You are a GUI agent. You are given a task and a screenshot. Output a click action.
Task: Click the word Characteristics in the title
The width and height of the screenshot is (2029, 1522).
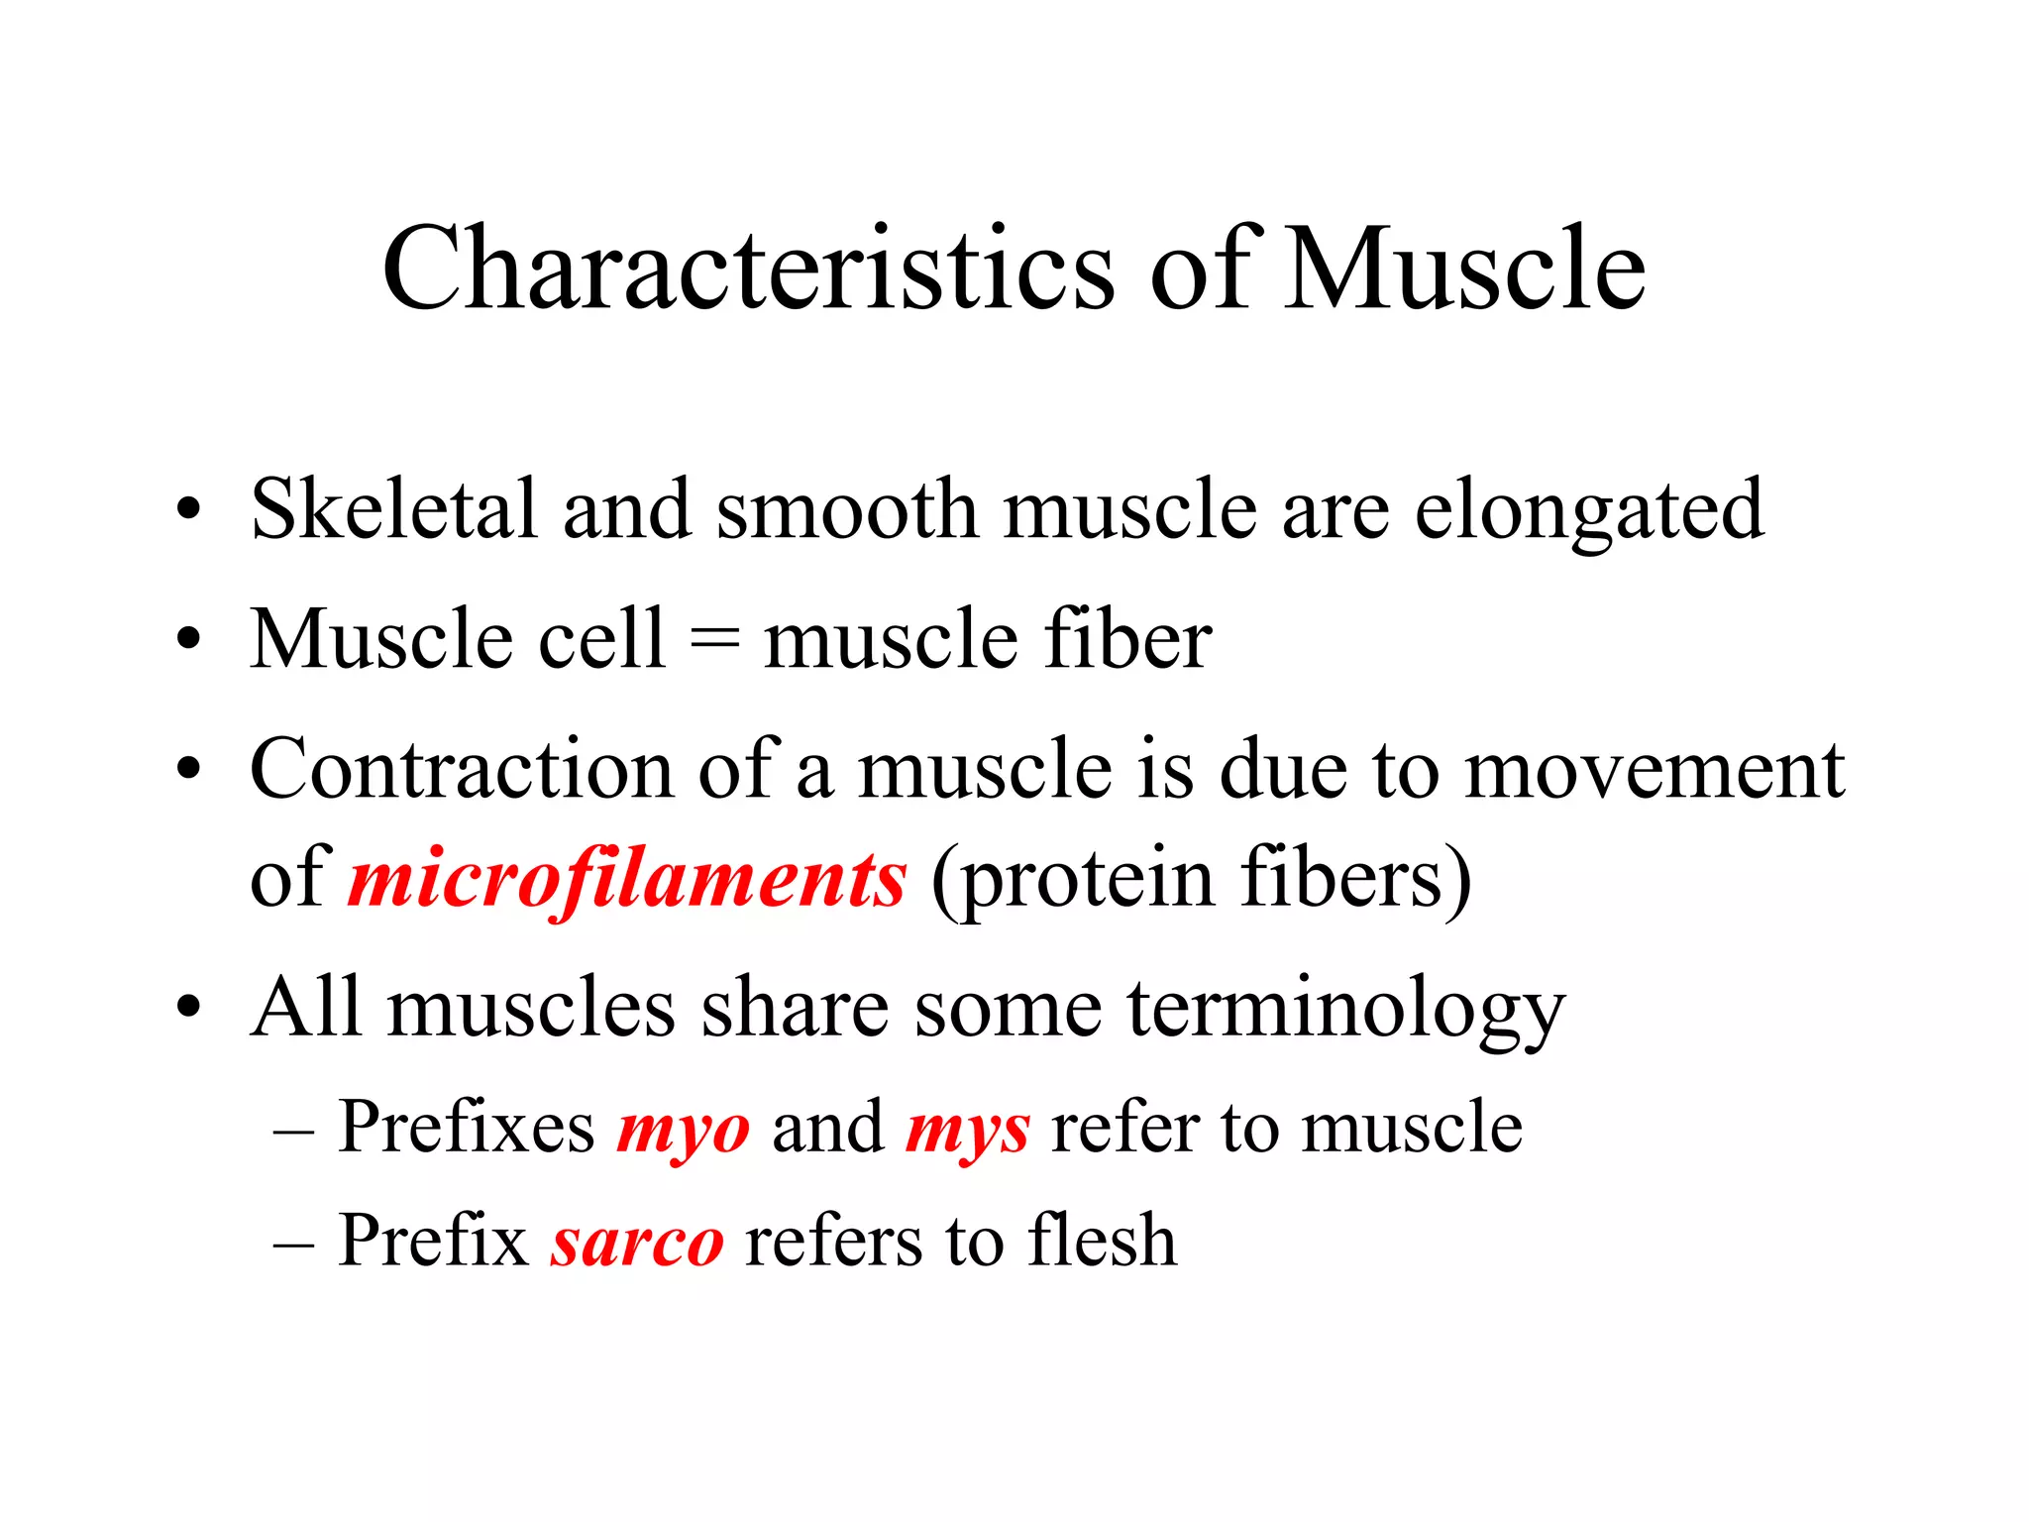(x=748, y=270)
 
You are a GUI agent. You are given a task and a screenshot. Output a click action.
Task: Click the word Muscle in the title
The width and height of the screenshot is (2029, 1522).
(x=1464, y=270)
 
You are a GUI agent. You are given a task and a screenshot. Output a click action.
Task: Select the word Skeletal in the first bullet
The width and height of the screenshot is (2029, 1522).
(x=394, y=509)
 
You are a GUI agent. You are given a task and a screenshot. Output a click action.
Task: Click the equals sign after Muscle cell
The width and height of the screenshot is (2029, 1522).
(x=714, y=639)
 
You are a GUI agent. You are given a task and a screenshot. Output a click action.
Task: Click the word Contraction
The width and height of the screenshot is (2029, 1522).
(x=462, y=769)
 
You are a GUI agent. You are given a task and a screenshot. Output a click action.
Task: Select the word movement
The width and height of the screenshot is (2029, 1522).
(x=1655, y=771)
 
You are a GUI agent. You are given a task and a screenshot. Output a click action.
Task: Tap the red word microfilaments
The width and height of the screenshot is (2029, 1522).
(x=626, y=879)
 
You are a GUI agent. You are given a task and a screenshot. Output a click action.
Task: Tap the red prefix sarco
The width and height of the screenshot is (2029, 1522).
(x=637, y=1242)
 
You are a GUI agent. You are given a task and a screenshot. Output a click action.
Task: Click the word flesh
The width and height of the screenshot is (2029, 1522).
(x=1102, y=1240)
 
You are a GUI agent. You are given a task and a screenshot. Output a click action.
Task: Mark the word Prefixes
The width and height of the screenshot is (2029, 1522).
(x=466, y=1129)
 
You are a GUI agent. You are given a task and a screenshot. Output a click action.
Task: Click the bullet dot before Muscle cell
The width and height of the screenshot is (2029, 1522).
(x=188, y=639)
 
